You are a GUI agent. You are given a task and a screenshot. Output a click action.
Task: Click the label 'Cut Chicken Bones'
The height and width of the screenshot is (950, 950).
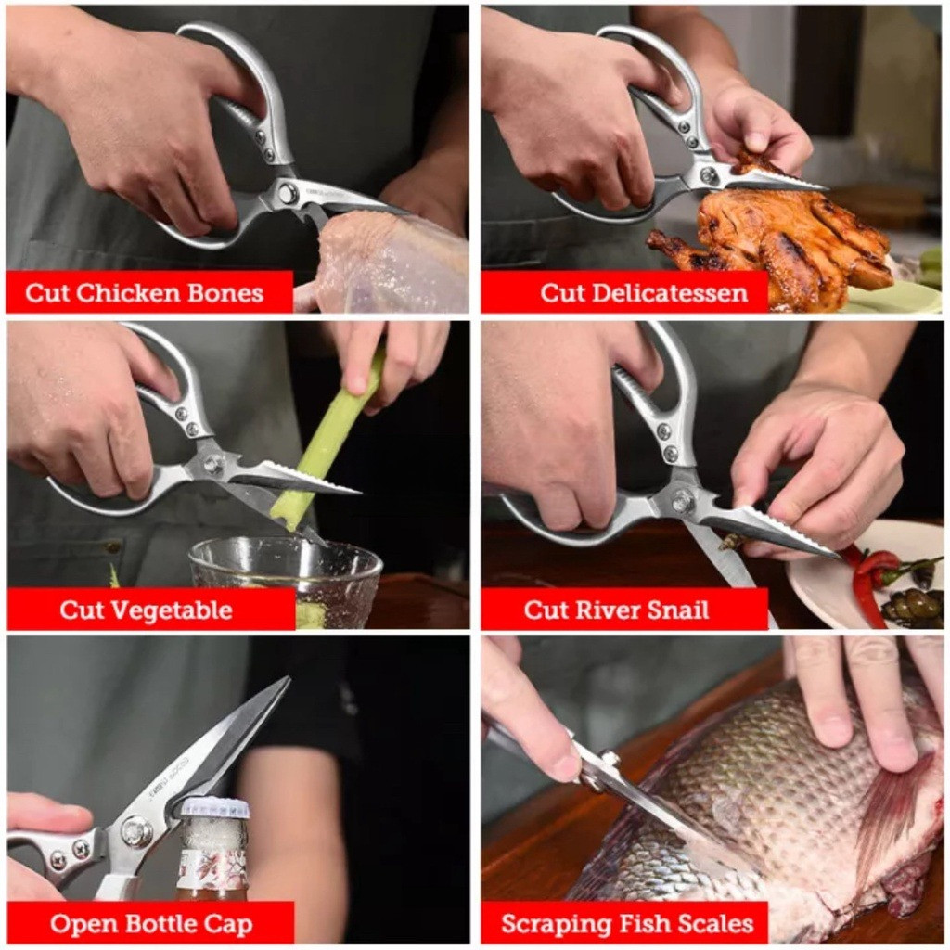pyautogui.click(x=144, y=293)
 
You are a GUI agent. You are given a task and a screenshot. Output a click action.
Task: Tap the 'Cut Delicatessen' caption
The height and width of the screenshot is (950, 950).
pyautogui.click(x=644, y=293)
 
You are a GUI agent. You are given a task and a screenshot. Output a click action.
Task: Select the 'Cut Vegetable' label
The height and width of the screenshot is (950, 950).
pyautogui.click(x=146, y=610)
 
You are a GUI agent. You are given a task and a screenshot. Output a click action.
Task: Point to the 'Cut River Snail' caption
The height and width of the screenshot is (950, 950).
pyautogui.click(x=616, y=610)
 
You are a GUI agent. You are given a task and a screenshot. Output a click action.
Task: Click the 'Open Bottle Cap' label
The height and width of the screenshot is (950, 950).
pyautogui.click(x=151, y=925)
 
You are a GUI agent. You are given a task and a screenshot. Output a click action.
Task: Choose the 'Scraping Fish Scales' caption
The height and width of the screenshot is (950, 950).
pyautogui.click(x=627, y=925)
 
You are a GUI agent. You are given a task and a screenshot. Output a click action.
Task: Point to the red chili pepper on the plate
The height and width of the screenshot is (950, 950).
pyautogui.click(x=867, y=582)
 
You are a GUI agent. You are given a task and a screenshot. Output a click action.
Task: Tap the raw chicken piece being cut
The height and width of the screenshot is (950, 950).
pyautogui.click(x=388, y=260)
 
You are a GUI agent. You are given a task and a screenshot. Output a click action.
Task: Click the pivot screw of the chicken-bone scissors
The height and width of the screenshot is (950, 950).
pyautogui.click(x=288, y=194)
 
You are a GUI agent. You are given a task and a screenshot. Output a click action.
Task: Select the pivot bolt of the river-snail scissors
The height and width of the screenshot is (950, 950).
pyautogui.click(x=682, y=501)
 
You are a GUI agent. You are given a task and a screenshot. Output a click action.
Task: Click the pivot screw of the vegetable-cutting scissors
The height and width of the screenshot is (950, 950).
pyautogui.click(x=212, y=465)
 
